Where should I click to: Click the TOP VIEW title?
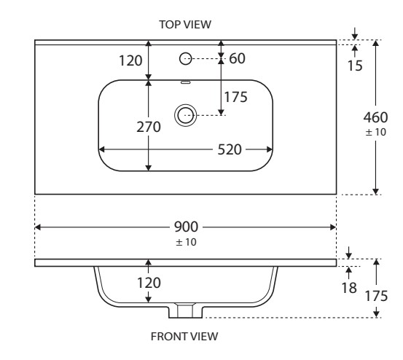pos(185,25)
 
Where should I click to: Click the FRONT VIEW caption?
pos(184,337)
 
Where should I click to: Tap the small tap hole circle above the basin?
pos(185,58)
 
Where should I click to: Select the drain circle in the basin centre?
pos(185,115)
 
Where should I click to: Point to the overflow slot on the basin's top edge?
pos(185,82)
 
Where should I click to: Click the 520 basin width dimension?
pos(230,149)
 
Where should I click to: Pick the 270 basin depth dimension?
pos(149,127)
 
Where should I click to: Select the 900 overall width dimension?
pos(186,227)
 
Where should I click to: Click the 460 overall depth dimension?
pos(375,117)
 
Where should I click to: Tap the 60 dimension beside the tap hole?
pos(237,58)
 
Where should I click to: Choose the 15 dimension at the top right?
pos(355,66)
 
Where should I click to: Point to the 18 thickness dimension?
pos(349,288)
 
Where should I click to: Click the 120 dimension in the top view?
pos(130,61)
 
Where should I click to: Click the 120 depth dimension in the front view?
pos(149,283)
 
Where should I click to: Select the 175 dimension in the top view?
pos(235,97)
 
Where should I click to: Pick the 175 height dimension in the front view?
pos(376,296)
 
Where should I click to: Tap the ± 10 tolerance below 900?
pos(186,242)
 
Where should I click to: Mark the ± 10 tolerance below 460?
pos(376,132)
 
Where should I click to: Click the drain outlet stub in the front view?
pos(185,311)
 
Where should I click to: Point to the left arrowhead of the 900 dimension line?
pos(37,227)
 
